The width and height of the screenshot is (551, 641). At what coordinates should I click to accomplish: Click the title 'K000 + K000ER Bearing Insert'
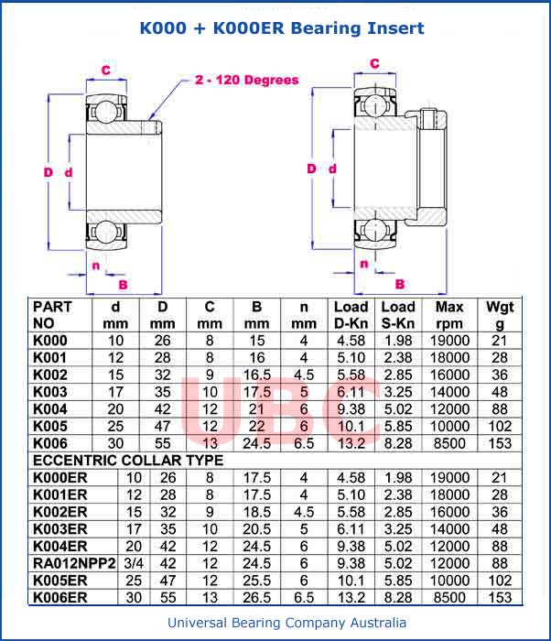coord(281,28)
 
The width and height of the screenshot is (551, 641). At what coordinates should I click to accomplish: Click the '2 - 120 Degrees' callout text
coord(246,80)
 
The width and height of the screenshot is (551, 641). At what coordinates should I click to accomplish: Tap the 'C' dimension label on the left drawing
coord(106,70)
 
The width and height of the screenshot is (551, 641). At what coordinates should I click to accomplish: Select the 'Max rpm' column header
coord(449,314)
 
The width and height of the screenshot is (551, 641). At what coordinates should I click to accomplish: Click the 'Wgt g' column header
coord(500,314)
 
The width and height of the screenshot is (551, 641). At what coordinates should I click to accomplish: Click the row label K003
coord(50,392)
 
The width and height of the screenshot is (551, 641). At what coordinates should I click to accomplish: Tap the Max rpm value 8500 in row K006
coord(449,443)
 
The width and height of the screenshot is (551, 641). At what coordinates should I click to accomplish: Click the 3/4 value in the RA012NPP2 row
coord(134,564)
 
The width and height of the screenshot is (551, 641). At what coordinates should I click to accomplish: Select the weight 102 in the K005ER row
coord(500,581)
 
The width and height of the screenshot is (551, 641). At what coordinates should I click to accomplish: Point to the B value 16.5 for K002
coord(257,375)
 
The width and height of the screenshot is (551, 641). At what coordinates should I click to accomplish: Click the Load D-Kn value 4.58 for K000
coord(351,341)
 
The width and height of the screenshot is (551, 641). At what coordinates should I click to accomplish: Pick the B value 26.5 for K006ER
coord(257,598)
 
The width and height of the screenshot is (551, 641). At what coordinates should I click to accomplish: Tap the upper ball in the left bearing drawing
coord(104,111)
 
